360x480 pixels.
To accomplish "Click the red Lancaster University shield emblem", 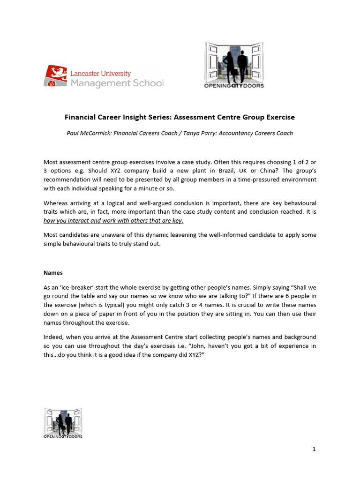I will point(55,75).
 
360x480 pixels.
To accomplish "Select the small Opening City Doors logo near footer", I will point(63,423).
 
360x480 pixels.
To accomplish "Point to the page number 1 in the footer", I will point(314,450).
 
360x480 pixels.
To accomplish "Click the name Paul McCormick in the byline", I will point(89,133).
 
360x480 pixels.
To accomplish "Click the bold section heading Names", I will point(52,272).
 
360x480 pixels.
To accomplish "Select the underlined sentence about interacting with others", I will point(113,221).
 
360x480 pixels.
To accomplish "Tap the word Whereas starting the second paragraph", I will point(56,203).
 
